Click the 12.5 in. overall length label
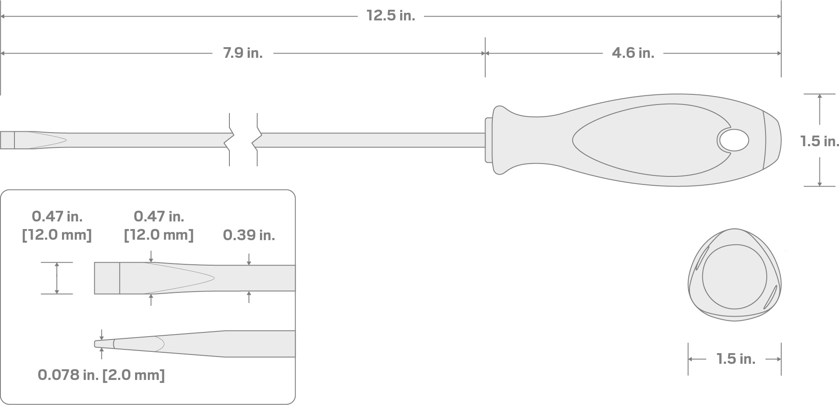click(390, 16)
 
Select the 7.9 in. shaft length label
click(243, 53)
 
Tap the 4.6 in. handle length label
click(633, 53)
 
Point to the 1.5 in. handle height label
click(819, 141)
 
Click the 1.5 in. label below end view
click(736, 359)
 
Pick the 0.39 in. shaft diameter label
click(249, 235)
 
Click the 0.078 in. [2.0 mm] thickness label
click(101, 375)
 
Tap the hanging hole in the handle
click(734, 141)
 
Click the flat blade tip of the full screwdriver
click(7, 140)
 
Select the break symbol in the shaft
click(243, 140)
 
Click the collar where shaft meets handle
click(489, 140)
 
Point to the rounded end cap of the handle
click(772, 140)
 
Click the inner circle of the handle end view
click(734, 277)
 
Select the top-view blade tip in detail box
click(107, 278)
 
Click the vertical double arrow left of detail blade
click(57, 278)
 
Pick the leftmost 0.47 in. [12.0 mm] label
click(57, 226)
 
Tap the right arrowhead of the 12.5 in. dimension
click(779, 17)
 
